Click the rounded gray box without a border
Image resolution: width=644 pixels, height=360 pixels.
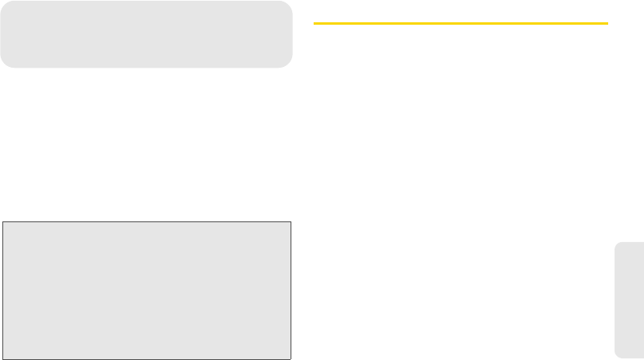click(x=146, y=34)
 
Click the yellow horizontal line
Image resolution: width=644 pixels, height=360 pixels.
click(x=460, y=24)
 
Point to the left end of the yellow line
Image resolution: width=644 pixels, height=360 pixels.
click(x=314, y=24)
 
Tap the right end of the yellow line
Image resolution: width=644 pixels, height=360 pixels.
click(x=607, y=24)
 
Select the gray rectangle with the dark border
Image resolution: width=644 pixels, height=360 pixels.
click(x=146, y=291)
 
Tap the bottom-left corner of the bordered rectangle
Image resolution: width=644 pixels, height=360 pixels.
click(x=2, y=359)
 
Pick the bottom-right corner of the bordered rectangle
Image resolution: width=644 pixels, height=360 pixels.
click(x=291, y=359)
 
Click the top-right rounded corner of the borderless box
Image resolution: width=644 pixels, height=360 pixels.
click(x=288, y=5)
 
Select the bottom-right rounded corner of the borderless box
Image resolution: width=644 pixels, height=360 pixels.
click(x=288, y=64)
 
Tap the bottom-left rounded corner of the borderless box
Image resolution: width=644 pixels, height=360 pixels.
click(x=4, y=64)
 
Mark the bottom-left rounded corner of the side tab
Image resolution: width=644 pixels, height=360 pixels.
click(x=619, y=354)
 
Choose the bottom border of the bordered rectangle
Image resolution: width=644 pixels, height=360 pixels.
click(x=146, y=359)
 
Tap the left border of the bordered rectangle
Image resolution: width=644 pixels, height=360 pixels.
click(x=2, y=291)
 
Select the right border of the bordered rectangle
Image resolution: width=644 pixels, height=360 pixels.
click(x=291, y=291)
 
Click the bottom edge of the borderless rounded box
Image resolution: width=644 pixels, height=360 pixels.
click(x=146, y=67)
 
